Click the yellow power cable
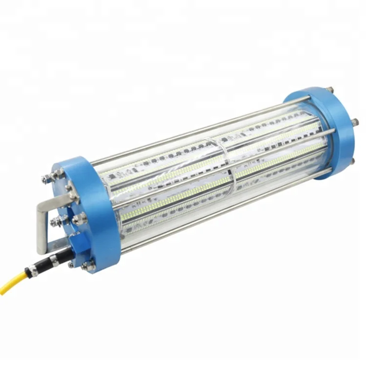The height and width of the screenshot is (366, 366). [15, 283]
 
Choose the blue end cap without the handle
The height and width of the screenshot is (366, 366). [325, 127]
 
